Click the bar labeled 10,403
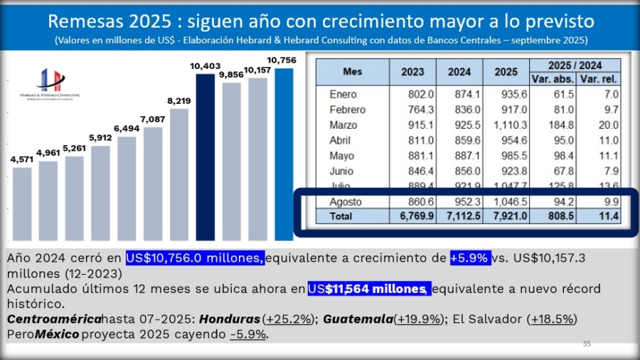[205, 157]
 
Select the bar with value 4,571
[22, 203]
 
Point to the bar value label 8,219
[179, 101]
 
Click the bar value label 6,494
[127, 129]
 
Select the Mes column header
[352, 72]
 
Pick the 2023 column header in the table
[412, 72]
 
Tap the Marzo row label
[343, 125]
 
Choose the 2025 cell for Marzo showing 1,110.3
[506, 125]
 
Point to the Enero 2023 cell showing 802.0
[412, 94]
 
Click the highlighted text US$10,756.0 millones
[196, 258]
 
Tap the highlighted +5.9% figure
[469, 258]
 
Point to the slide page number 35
[587, 344]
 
